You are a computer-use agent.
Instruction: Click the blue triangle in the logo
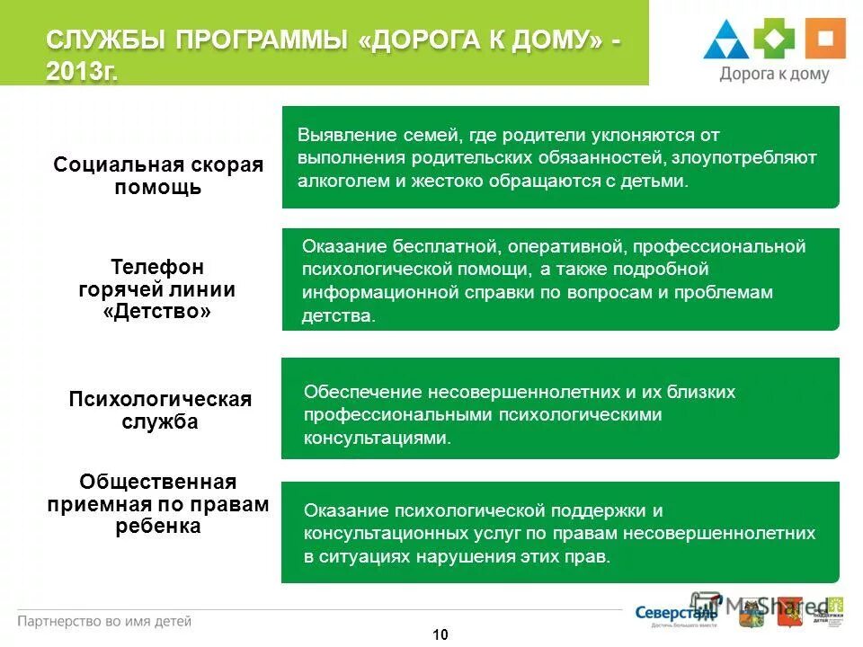click(x=726, y=41)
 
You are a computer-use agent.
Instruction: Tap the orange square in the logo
click(x=824, y=40)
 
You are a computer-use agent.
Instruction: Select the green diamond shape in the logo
click(x=774, y=40)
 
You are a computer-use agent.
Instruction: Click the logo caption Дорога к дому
click(x=774, y=75)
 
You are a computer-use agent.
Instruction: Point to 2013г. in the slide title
click(x=82, y=72)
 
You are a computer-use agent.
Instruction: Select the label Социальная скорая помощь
click(x=158, y=176)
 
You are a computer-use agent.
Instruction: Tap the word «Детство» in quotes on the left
click(x=157, y=313)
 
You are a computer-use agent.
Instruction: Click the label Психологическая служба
click(x=160, y=411)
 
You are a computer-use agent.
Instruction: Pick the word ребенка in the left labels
click(x=158, y=527)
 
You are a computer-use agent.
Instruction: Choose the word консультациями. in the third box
click(x=377, y=439)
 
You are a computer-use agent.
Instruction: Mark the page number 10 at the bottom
click(x=440, y=635)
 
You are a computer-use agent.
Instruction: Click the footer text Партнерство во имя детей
click(x=105, y=621)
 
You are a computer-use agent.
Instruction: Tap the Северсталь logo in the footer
click(x=665, y=613)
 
